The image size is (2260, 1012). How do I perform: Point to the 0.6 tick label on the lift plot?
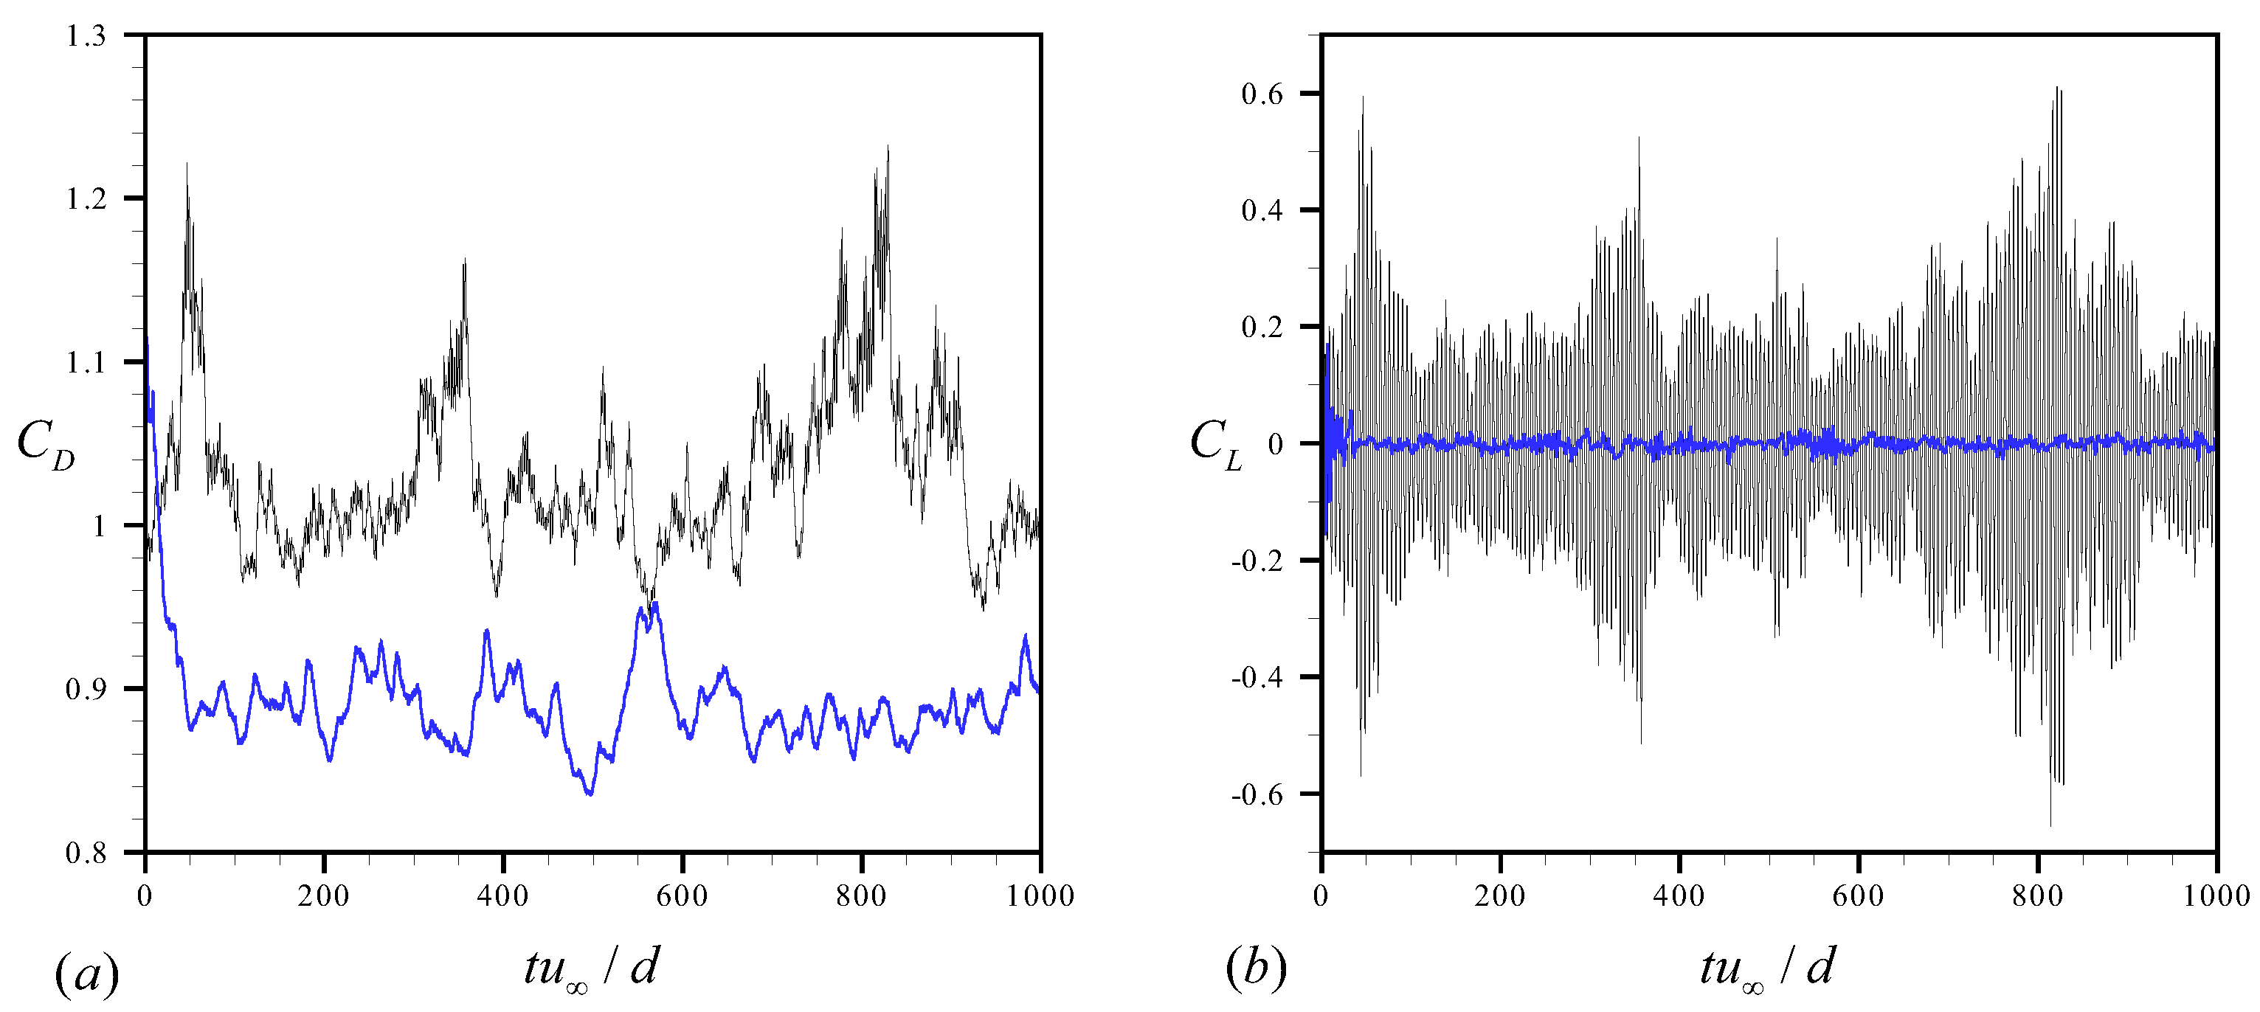click(1262, 94)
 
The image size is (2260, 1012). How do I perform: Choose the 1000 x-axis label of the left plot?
click(1040, 895)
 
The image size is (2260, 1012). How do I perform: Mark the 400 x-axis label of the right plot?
click(1679, 895)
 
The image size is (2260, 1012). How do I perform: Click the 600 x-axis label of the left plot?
click(682, 895)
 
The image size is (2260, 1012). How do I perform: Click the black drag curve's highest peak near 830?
click(888, 147)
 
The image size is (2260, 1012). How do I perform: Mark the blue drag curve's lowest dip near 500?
click(590, 794)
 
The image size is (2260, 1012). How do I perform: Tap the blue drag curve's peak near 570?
click(655, 603)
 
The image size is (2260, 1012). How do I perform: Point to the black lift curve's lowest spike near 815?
click(2050, 825)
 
